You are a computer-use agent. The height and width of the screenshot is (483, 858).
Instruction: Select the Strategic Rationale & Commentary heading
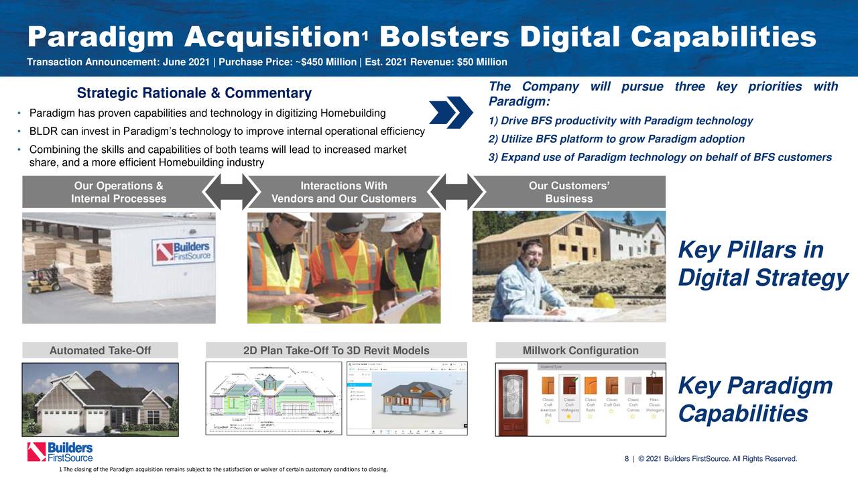tap(194, 93)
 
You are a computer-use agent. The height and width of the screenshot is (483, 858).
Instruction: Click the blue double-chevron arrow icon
tap(450, 111)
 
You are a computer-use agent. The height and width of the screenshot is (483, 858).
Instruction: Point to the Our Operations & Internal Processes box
tap(119, 192)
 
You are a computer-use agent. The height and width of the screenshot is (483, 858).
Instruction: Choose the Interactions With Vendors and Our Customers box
tap(343, 192)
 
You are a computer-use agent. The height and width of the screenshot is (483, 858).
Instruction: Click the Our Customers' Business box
tap(568, 192)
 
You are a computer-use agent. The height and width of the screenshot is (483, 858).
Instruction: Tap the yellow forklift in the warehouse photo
tap(43, 280)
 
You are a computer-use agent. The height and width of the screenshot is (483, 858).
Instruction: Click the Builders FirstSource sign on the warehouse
tap(183, 252)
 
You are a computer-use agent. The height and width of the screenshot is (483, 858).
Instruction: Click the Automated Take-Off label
tap(100, 350)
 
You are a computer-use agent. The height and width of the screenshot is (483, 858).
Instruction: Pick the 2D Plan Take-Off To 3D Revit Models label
tap(336, 350)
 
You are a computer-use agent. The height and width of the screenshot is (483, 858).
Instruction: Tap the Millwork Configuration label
tap(580, 350)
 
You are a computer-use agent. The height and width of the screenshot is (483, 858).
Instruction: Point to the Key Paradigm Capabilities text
tap(755, 400)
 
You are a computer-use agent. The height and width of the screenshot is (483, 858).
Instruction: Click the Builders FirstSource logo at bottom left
tap(60, 451)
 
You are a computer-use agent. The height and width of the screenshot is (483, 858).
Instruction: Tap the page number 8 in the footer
tap(627, 459)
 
